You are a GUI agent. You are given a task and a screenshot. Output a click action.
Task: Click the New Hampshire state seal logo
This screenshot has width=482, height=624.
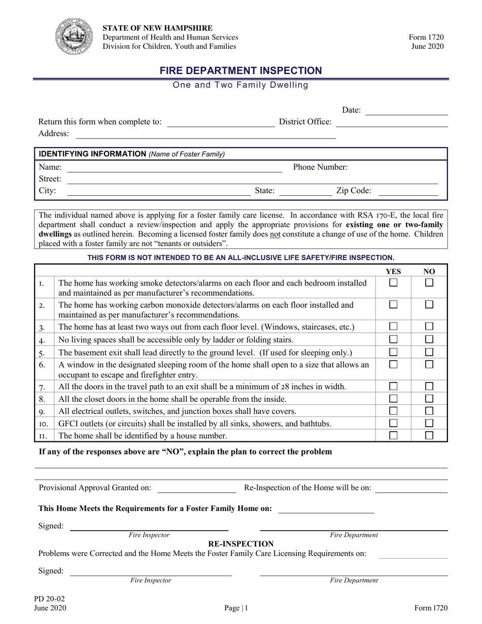click(74, 37)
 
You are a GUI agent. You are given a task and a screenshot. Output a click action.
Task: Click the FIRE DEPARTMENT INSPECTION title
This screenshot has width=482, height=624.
click(241, 71)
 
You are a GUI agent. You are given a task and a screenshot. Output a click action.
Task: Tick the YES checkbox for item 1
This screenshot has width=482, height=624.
click(393, 283)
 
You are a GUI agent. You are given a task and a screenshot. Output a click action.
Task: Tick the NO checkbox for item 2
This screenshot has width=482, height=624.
click(429, 304)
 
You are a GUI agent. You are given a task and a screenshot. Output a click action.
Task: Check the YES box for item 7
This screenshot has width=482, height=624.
click(393, 387)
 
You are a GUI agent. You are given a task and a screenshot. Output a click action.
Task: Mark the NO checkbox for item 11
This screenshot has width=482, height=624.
click(429, 435)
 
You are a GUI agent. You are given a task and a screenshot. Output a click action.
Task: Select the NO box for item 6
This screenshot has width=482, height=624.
click(429, 364)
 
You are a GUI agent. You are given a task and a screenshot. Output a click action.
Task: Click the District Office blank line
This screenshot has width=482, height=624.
click(392, 125)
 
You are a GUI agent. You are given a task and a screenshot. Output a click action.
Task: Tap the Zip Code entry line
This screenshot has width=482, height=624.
click(408, 194)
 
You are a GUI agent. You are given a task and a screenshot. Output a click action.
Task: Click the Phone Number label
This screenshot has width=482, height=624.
click(320, 167)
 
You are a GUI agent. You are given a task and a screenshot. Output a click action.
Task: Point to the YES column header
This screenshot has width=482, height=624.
click(393, 271)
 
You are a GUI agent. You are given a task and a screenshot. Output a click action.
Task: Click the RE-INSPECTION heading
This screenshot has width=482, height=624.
click(241, 544)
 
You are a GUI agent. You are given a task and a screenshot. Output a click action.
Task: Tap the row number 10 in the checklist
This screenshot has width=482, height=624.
click(43, 424)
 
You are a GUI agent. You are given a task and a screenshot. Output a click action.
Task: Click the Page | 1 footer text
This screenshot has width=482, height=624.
click(236, 608)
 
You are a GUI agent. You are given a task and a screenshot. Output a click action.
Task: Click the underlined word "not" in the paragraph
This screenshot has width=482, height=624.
click(275, 234)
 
